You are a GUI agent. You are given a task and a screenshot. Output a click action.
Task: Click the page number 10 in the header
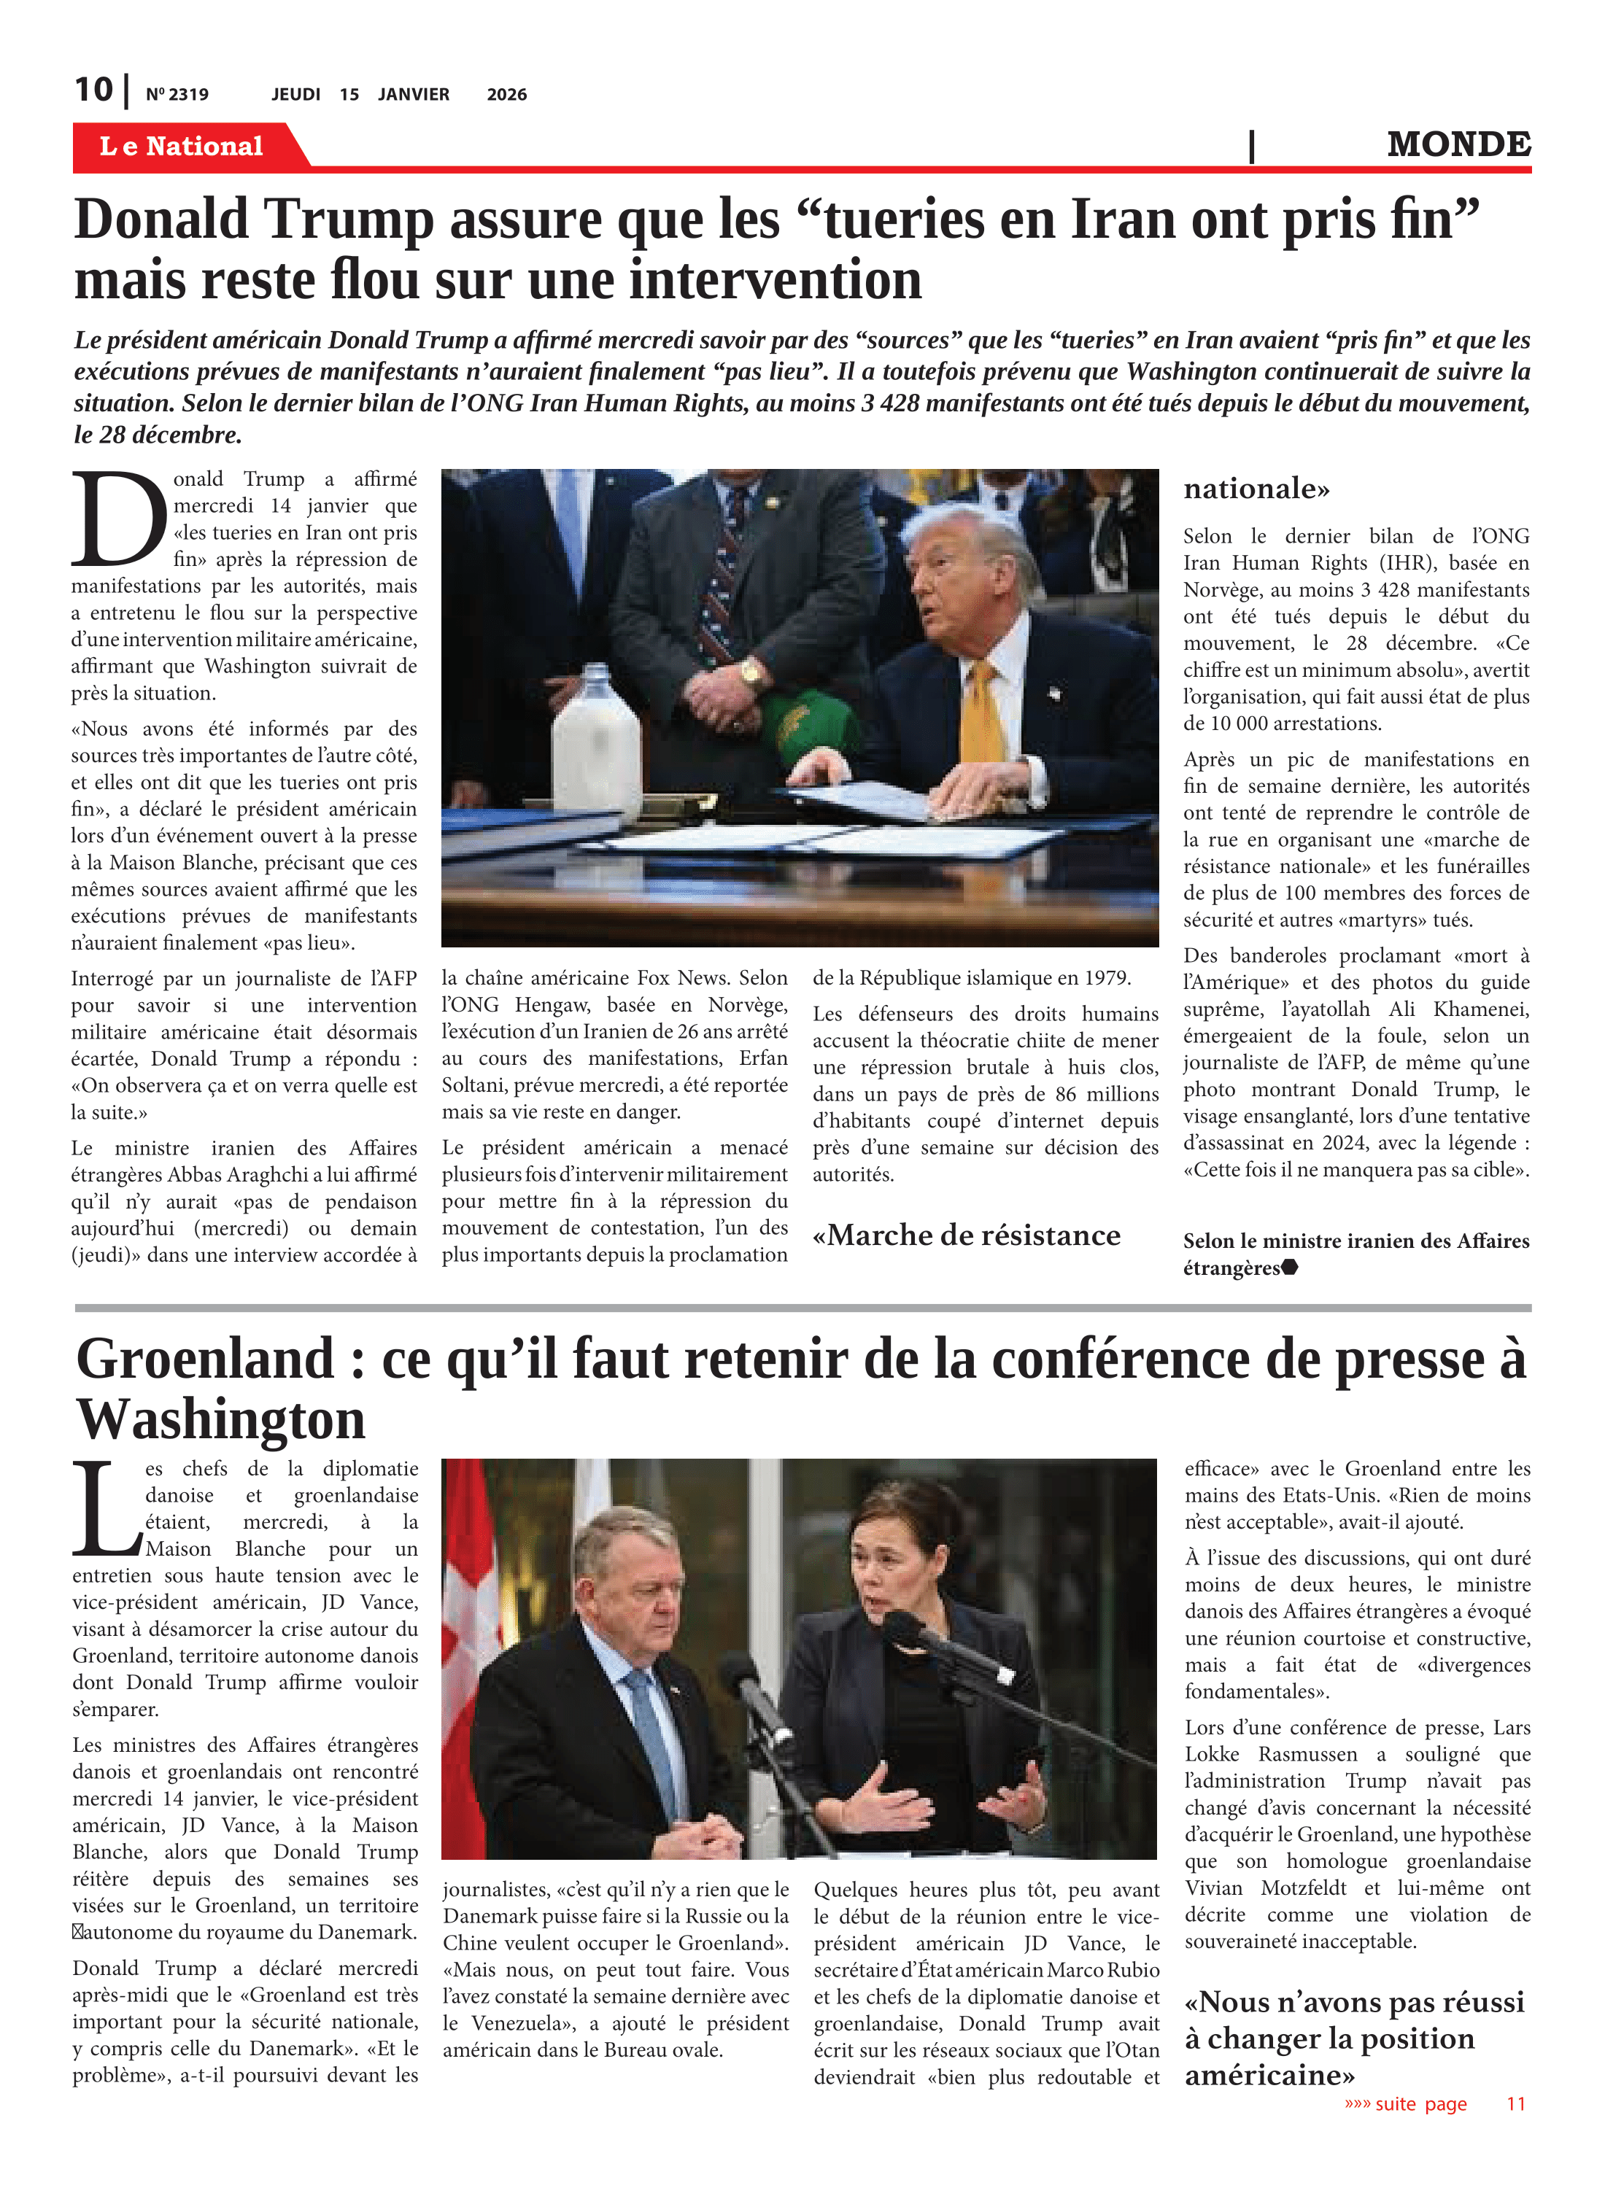click(93, 90)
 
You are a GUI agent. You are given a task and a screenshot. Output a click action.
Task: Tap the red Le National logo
click(182, 146)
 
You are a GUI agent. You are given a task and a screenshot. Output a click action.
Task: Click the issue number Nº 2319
click(177, 94)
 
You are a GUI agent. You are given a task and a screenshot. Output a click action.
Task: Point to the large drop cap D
click(118, 519)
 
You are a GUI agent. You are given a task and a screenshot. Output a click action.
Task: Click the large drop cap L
click(107, 1510)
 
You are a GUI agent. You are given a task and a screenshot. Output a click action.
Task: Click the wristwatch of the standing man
click(751, 673)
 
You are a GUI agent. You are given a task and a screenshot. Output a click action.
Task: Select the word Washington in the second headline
click(222, 1420)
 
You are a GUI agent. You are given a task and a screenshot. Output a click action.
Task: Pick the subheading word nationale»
click(1256, 489)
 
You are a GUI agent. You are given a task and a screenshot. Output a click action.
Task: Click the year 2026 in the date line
click(506, 94)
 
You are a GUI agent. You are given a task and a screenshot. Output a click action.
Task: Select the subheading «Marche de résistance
click(966, 1235)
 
